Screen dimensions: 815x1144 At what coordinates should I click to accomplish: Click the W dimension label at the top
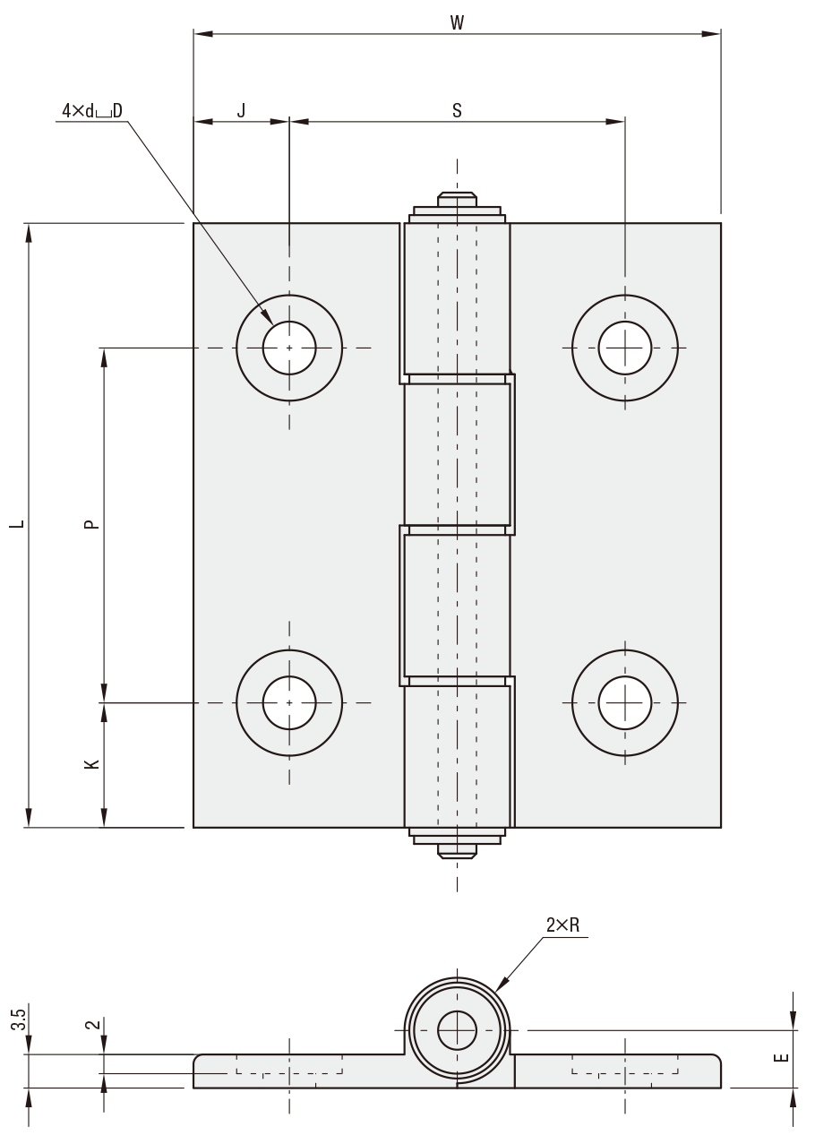point(457,23)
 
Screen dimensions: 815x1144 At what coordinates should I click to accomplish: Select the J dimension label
point(242,110)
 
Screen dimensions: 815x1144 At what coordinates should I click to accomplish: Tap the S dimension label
point(457,110)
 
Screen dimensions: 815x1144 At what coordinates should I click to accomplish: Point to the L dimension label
point(19,524)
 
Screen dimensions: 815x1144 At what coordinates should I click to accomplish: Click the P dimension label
point(90,524)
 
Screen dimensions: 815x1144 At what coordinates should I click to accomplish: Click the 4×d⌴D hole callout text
point(92,111)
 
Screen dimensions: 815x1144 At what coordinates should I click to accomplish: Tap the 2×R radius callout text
point(562,925)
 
